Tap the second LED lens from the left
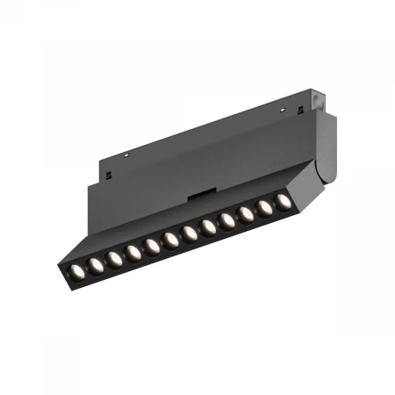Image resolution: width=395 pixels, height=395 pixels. click(95, 261)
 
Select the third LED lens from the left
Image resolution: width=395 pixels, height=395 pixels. click(114, 255)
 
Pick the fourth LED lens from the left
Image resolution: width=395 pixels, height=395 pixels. click(133, 250)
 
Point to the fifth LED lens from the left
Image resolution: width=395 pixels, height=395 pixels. click(152, 245)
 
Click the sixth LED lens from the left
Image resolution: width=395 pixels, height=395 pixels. click(170, 239)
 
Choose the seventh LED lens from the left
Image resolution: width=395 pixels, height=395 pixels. click(189, 233)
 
